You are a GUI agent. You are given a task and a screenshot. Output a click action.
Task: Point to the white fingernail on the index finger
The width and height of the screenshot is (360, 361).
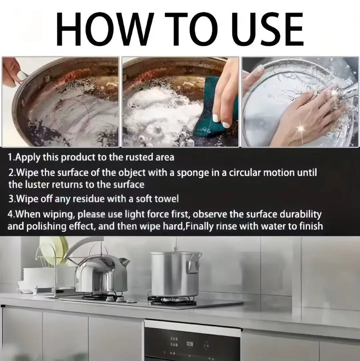click(x=217, y=118)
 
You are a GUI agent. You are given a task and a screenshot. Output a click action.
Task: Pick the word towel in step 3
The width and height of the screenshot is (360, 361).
click(x=166, y=199)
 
